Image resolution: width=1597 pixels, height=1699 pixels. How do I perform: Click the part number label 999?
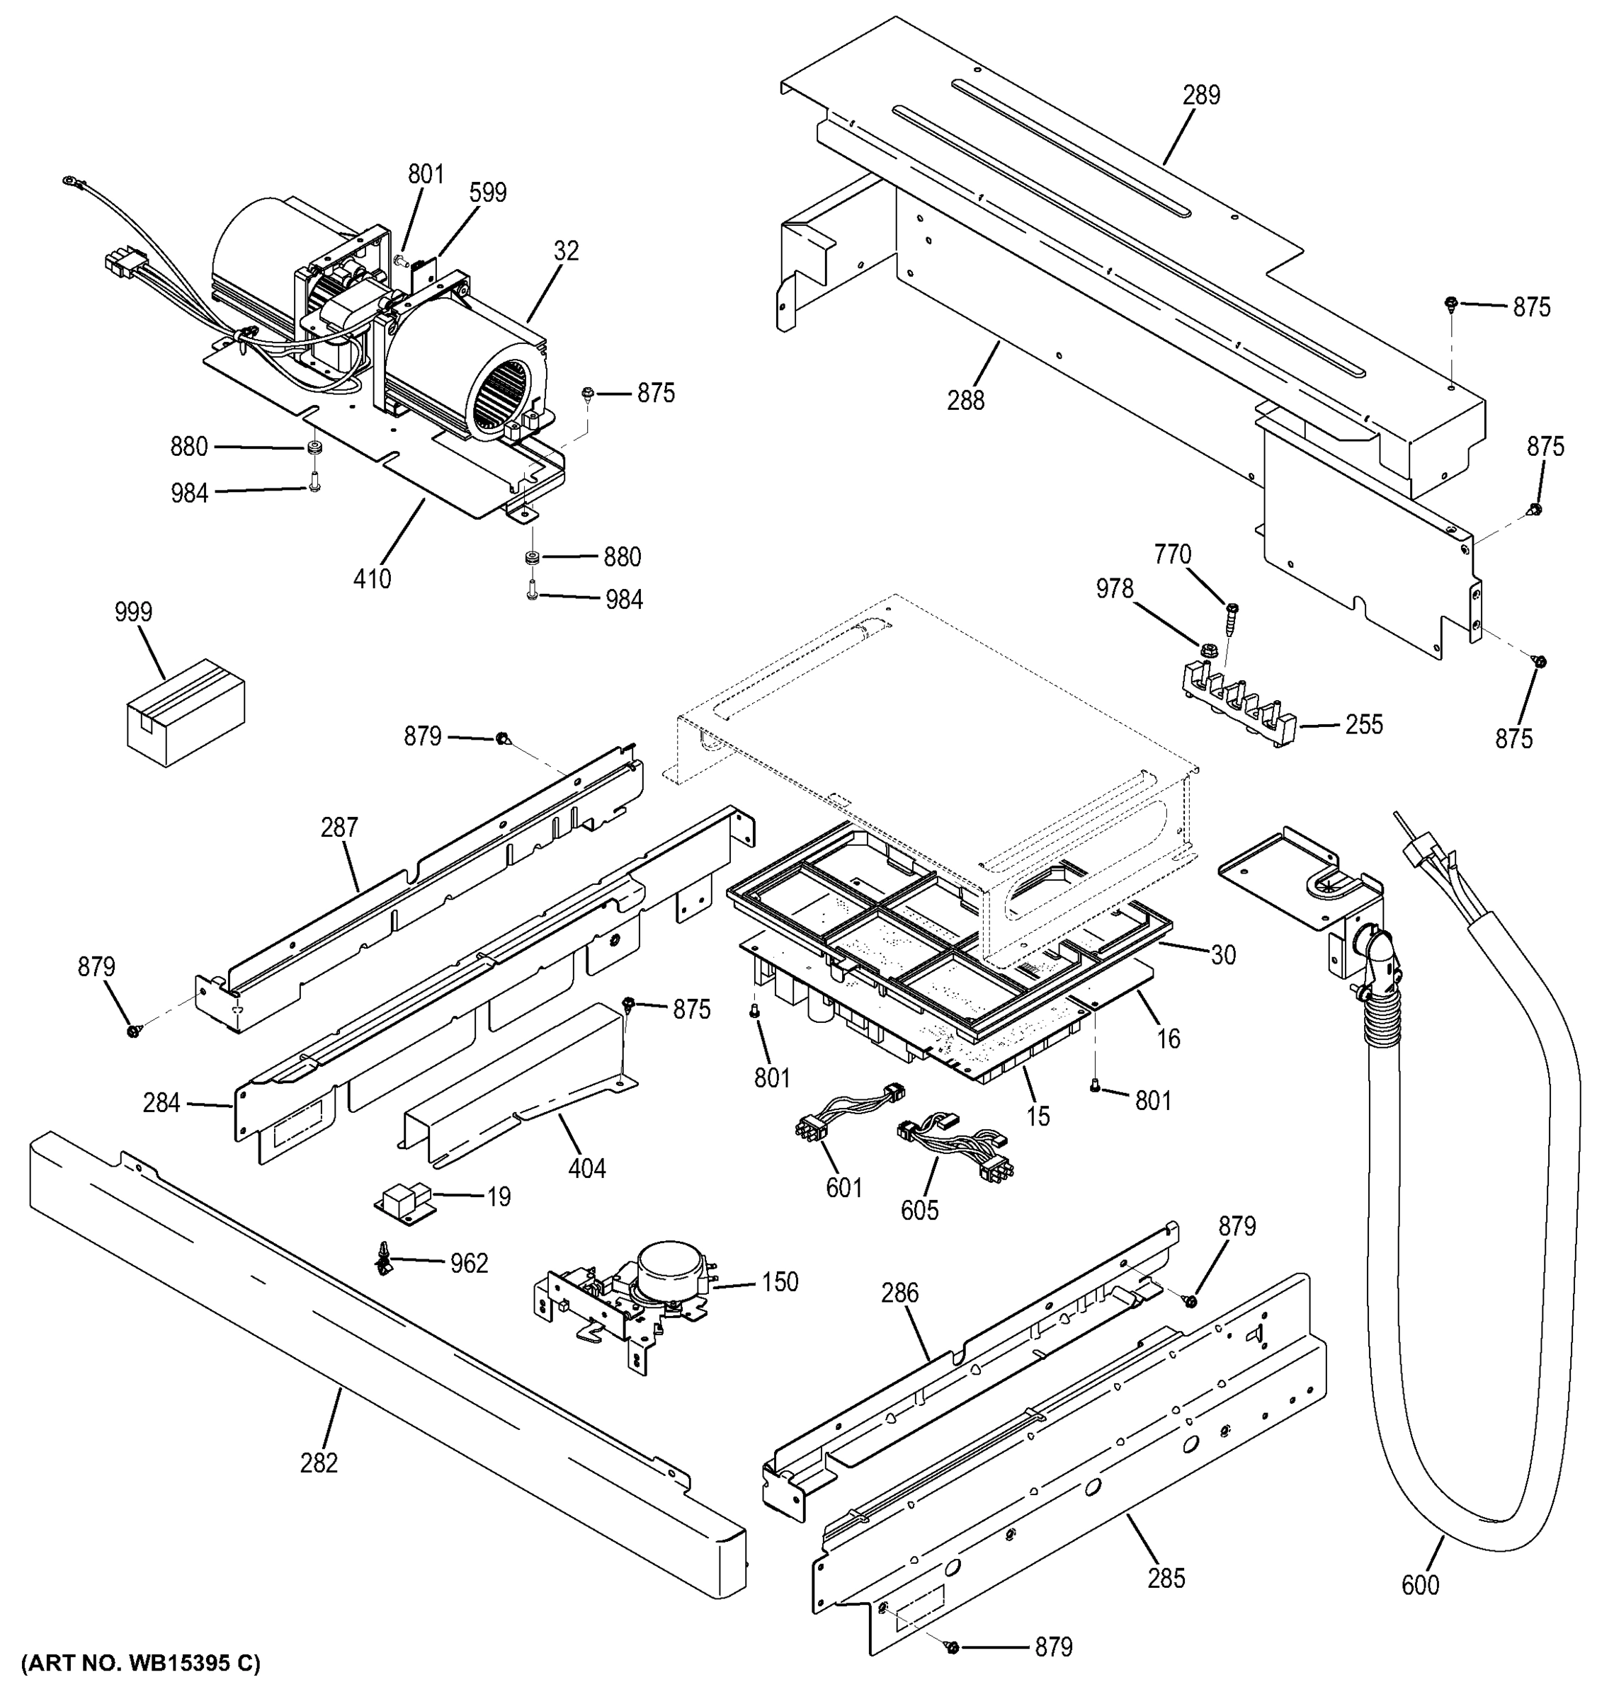(x=133, y=612)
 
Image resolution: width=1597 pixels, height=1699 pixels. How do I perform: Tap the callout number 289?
(x=1201, y=95)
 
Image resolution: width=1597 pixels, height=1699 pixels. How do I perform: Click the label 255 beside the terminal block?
(x=1363, y=725)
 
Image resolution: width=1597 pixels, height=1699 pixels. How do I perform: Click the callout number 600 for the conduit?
(x=1420, y=1585)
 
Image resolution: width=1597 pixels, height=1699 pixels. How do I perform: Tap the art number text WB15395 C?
(x=141, y=1663)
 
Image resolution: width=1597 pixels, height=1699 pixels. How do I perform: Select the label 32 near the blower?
(x=566, y=251)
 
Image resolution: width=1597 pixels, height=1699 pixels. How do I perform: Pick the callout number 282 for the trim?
(x=319, y=1463)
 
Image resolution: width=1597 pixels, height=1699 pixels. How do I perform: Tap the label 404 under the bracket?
(x=586, y=1168)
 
